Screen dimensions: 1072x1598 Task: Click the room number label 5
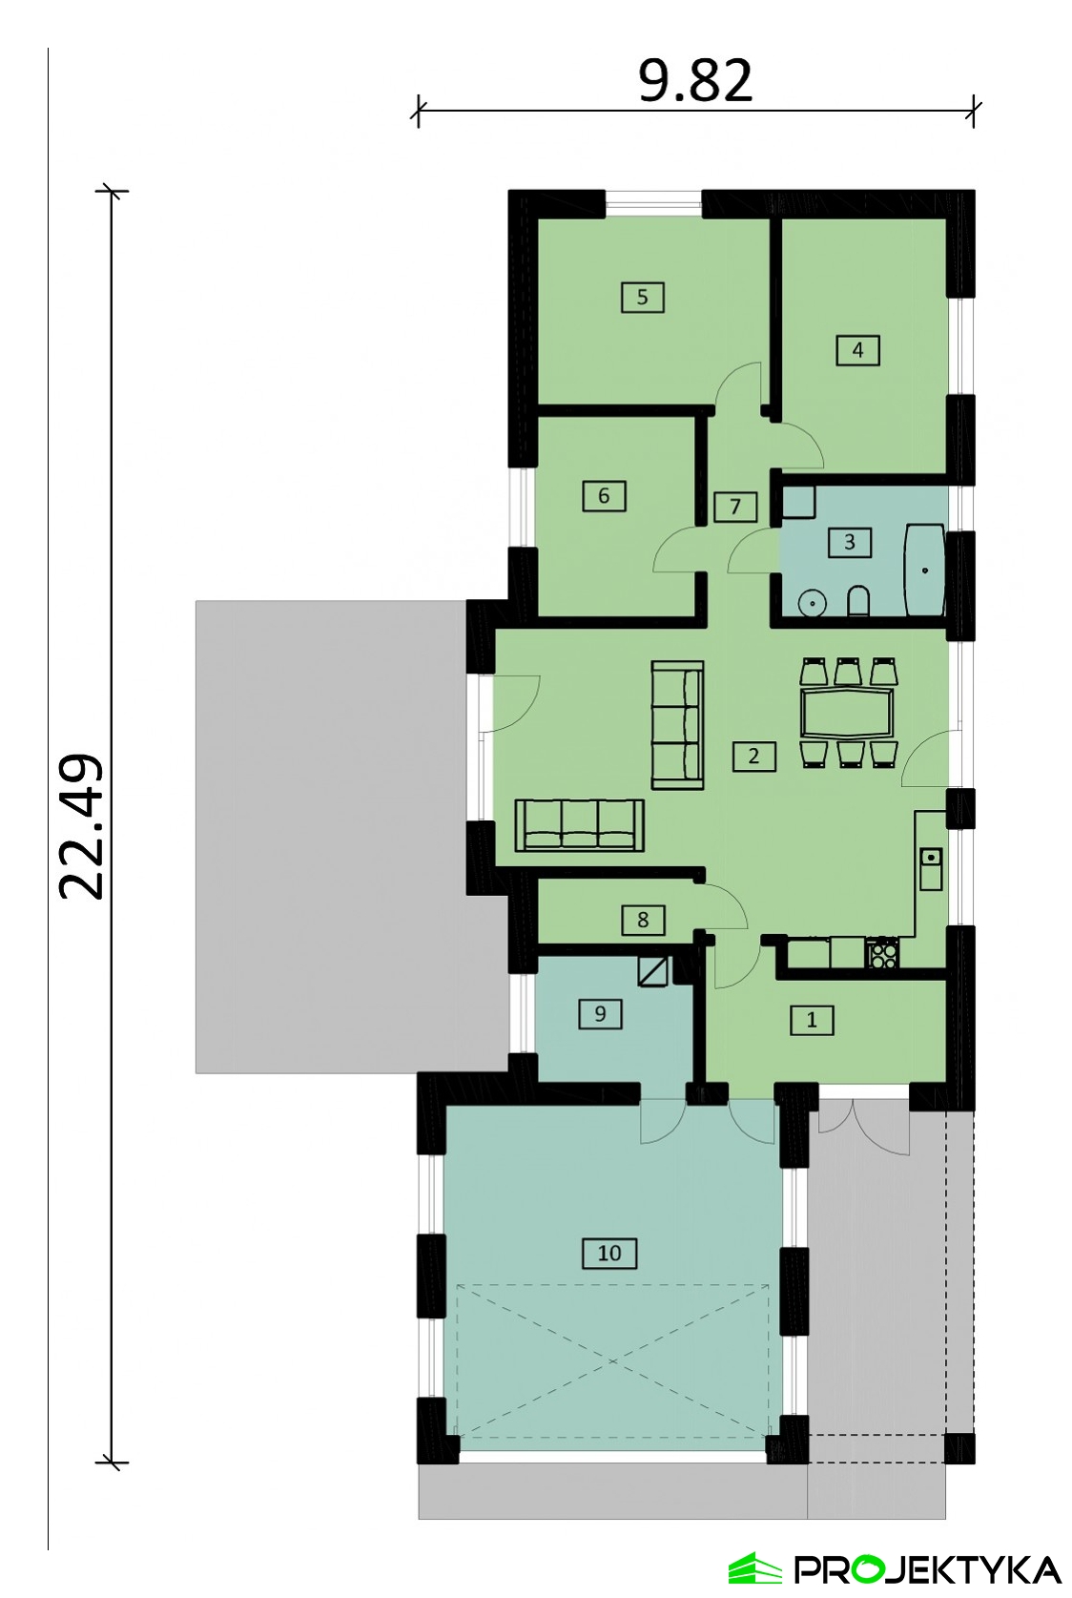(x=642, y=297)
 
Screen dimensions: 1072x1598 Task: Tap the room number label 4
(x=858, y=350)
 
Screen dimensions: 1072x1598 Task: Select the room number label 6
(x=604, y=496)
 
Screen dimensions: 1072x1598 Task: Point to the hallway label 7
(x=735, y=508)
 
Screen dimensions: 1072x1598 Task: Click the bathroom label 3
(x=850, y=542)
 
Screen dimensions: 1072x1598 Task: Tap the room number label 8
(x=643, y=920)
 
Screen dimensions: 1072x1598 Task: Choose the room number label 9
(x=600, y=1014)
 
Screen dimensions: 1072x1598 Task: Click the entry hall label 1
(x=812, y=1020)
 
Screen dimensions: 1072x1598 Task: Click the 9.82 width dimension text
(x=695, y=80)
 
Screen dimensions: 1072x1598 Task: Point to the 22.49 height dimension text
(x=81, y=826)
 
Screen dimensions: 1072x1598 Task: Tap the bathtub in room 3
(x=925, y=570)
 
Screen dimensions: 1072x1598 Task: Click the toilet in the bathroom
(x=858, y=601)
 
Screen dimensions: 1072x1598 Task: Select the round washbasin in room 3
(x=811, y=603)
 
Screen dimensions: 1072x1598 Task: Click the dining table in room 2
(x=847, y=712)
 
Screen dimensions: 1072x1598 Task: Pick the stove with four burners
(x=883, y=954)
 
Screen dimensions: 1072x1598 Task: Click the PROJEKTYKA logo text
(x=928, y=1570)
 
